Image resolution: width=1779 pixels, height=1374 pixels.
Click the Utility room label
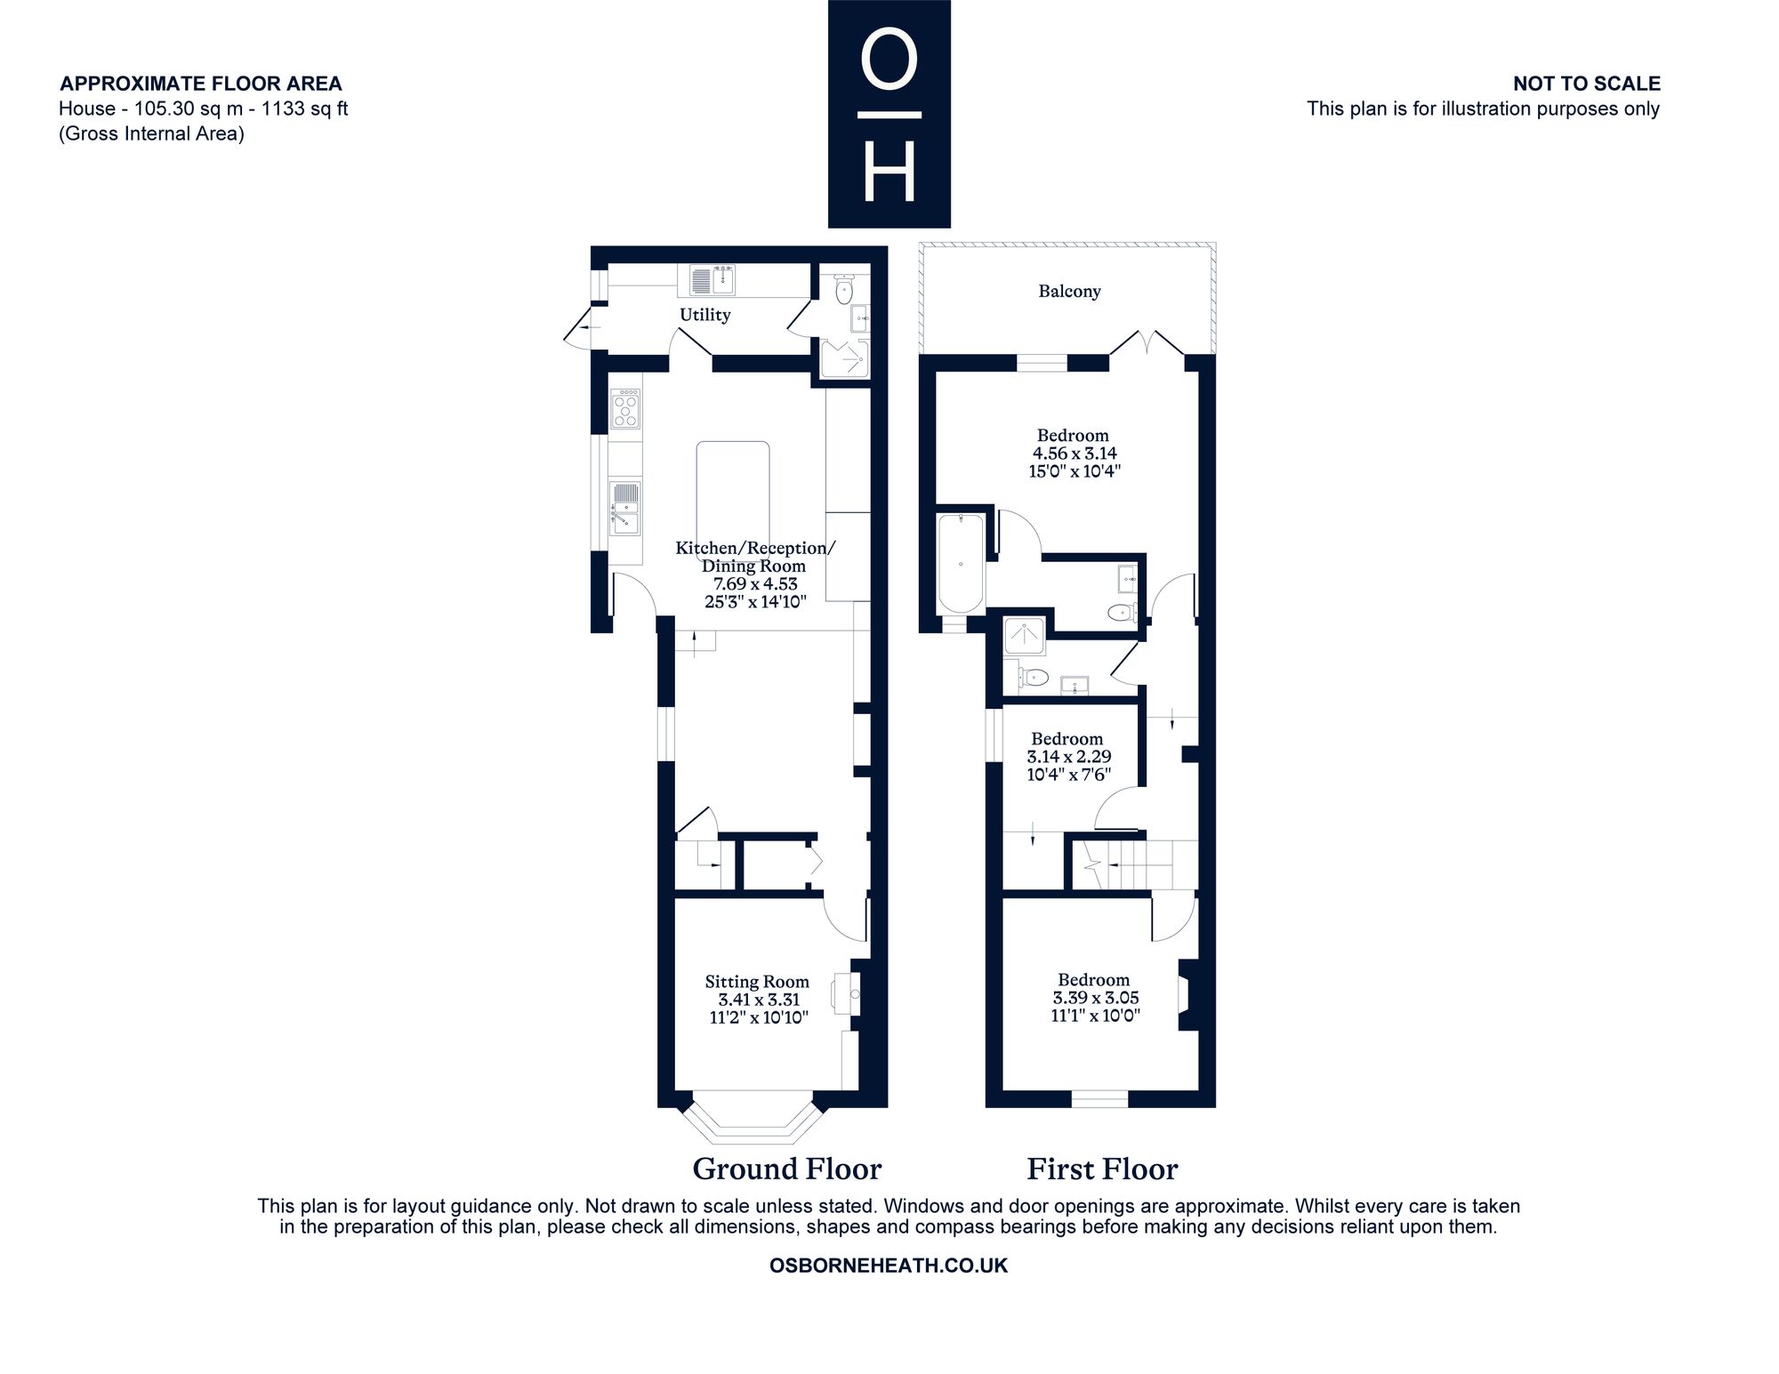(x=704, y=315)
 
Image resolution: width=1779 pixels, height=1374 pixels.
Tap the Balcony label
(x=1069, y=292)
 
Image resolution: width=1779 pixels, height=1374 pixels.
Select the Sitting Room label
(x=757, y=982)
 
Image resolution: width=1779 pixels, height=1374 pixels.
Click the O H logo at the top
(x=889, y=114)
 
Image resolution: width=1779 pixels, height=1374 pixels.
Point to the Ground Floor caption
(x=787, y=1169)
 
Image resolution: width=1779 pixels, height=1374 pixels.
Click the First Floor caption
(x=1102, y=1169)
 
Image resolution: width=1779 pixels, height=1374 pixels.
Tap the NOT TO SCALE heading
(x=1587, y=84)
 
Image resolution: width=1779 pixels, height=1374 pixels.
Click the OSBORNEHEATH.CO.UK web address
(x=889, y=1266)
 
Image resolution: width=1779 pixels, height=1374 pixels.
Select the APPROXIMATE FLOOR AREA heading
(x=200, y=84)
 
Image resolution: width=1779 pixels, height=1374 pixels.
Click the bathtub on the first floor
(x=961, y=564)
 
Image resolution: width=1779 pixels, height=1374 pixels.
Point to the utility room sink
(x=713, y=280)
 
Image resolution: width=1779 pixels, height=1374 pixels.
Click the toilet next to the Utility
(x=844, y=290)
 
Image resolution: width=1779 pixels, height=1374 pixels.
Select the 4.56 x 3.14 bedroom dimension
(x=1074, y=454)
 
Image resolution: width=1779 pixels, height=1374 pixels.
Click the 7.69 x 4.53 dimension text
(x=755, y=584)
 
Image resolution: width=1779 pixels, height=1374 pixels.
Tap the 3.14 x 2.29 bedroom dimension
(x=1068, y=757)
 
